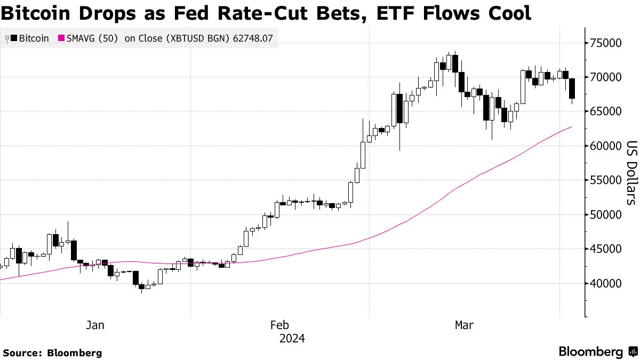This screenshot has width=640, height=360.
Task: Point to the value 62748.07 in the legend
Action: [x=255, y=38]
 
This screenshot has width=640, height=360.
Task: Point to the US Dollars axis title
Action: [x=631, y=172]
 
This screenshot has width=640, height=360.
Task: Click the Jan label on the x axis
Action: [x=95, y=325]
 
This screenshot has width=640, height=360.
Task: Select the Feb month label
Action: [x=280, y=325]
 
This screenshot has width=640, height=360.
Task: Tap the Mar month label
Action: [x=464, y=325]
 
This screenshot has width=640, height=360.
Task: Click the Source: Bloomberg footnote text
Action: [x=52, y=353]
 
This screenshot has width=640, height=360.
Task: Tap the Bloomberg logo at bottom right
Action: [x=597, y=352]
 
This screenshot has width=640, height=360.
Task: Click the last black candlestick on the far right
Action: [x=572, y=89]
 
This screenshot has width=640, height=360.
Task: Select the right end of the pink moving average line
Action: [x=571, y=127]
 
